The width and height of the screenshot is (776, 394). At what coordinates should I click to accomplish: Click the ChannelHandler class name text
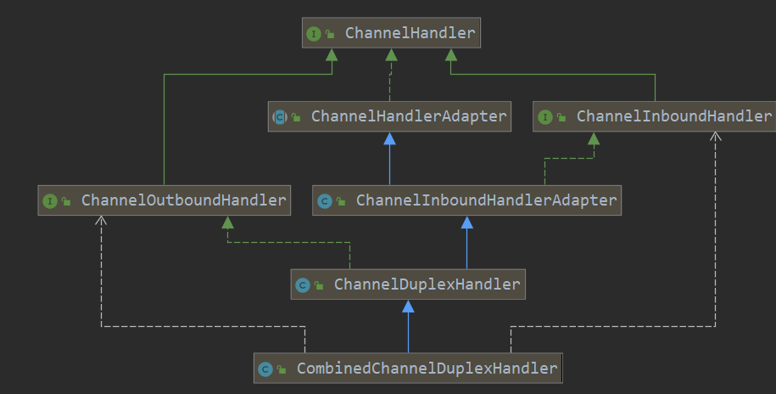[410, 33]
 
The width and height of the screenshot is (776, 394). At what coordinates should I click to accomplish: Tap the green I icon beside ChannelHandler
[313, 34]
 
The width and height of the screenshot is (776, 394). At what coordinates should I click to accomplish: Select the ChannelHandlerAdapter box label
[408, 116]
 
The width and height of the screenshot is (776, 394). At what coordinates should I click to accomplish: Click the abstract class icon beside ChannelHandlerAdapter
[280, 117]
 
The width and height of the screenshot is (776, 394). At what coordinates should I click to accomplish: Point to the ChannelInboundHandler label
[673, 116]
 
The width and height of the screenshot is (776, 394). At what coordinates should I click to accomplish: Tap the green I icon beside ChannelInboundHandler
[544, 117]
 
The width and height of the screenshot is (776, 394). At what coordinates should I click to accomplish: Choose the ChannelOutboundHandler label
[183, 200]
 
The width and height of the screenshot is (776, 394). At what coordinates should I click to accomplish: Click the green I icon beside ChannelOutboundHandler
[49, 200]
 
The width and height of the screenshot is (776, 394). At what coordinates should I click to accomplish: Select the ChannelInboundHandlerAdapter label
[486, 200]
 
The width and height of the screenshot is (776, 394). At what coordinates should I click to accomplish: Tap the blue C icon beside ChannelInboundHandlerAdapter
[324, 200]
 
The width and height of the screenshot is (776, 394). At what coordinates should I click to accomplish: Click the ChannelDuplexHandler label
[427, 284]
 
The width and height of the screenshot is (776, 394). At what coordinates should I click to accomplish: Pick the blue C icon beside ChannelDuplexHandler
[303, 285]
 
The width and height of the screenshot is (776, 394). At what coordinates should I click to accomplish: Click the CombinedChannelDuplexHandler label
[427, 369]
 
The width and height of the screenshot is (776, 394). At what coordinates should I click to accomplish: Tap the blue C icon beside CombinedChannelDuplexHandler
[265, 369]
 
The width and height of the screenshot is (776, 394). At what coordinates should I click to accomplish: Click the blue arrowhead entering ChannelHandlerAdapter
[389, 138]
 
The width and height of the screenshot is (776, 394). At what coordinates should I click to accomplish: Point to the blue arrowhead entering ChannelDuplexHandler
[408, 307]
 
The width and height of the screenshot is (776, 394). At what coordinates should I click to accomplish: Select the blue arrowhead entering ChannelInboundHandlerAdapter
[466, 222]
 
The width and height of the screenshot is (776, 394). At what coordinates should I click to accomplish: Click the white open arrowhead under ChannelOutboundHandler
[101, 221]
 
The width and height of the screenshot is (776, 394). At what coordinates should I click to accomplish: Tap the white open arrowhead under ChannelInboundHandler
[715, 137]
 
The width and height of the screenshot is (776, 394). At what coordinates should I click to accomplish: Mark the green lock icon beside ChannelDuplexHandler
[319, 285]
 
